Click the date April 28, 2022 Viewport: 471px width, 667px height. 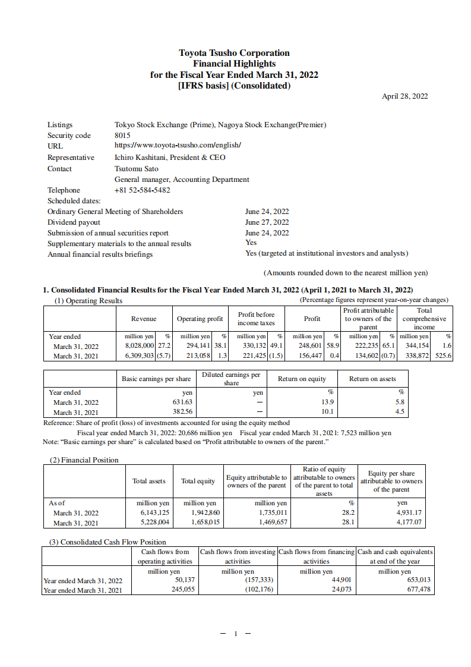(x=404, y=96)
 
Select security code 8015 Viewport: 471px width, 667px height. (x=122, y=136)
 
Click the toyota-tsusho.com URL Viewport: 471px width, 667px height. (x=178, y=146)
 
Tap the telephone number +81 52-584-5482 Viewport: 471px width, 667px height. (x=142, y=190)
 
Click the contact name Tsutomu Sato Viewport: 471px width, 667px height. (x=136, y=169)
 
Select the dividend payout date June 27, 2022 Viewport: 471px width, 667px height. (x=267, y=222)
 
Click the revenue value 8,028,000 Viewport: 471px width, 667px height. (x=139, y=346)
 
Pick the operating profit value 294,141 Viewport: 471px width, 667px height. (x=195, y=346)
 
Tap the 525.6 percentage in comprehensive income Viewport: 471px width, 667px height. (x=443, y=356)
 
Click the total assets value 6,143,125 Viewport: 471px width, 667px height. (x=154, y=512)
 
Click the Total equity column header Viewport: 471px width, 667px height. (x=198, y=481)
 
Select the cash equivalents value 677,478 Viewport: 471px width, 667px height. (x=418, y=590)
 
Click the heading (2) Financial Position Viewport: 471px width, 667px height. (x=83, y=460)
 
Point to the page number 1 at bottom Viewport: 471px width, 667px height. (x=235, y=634)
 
